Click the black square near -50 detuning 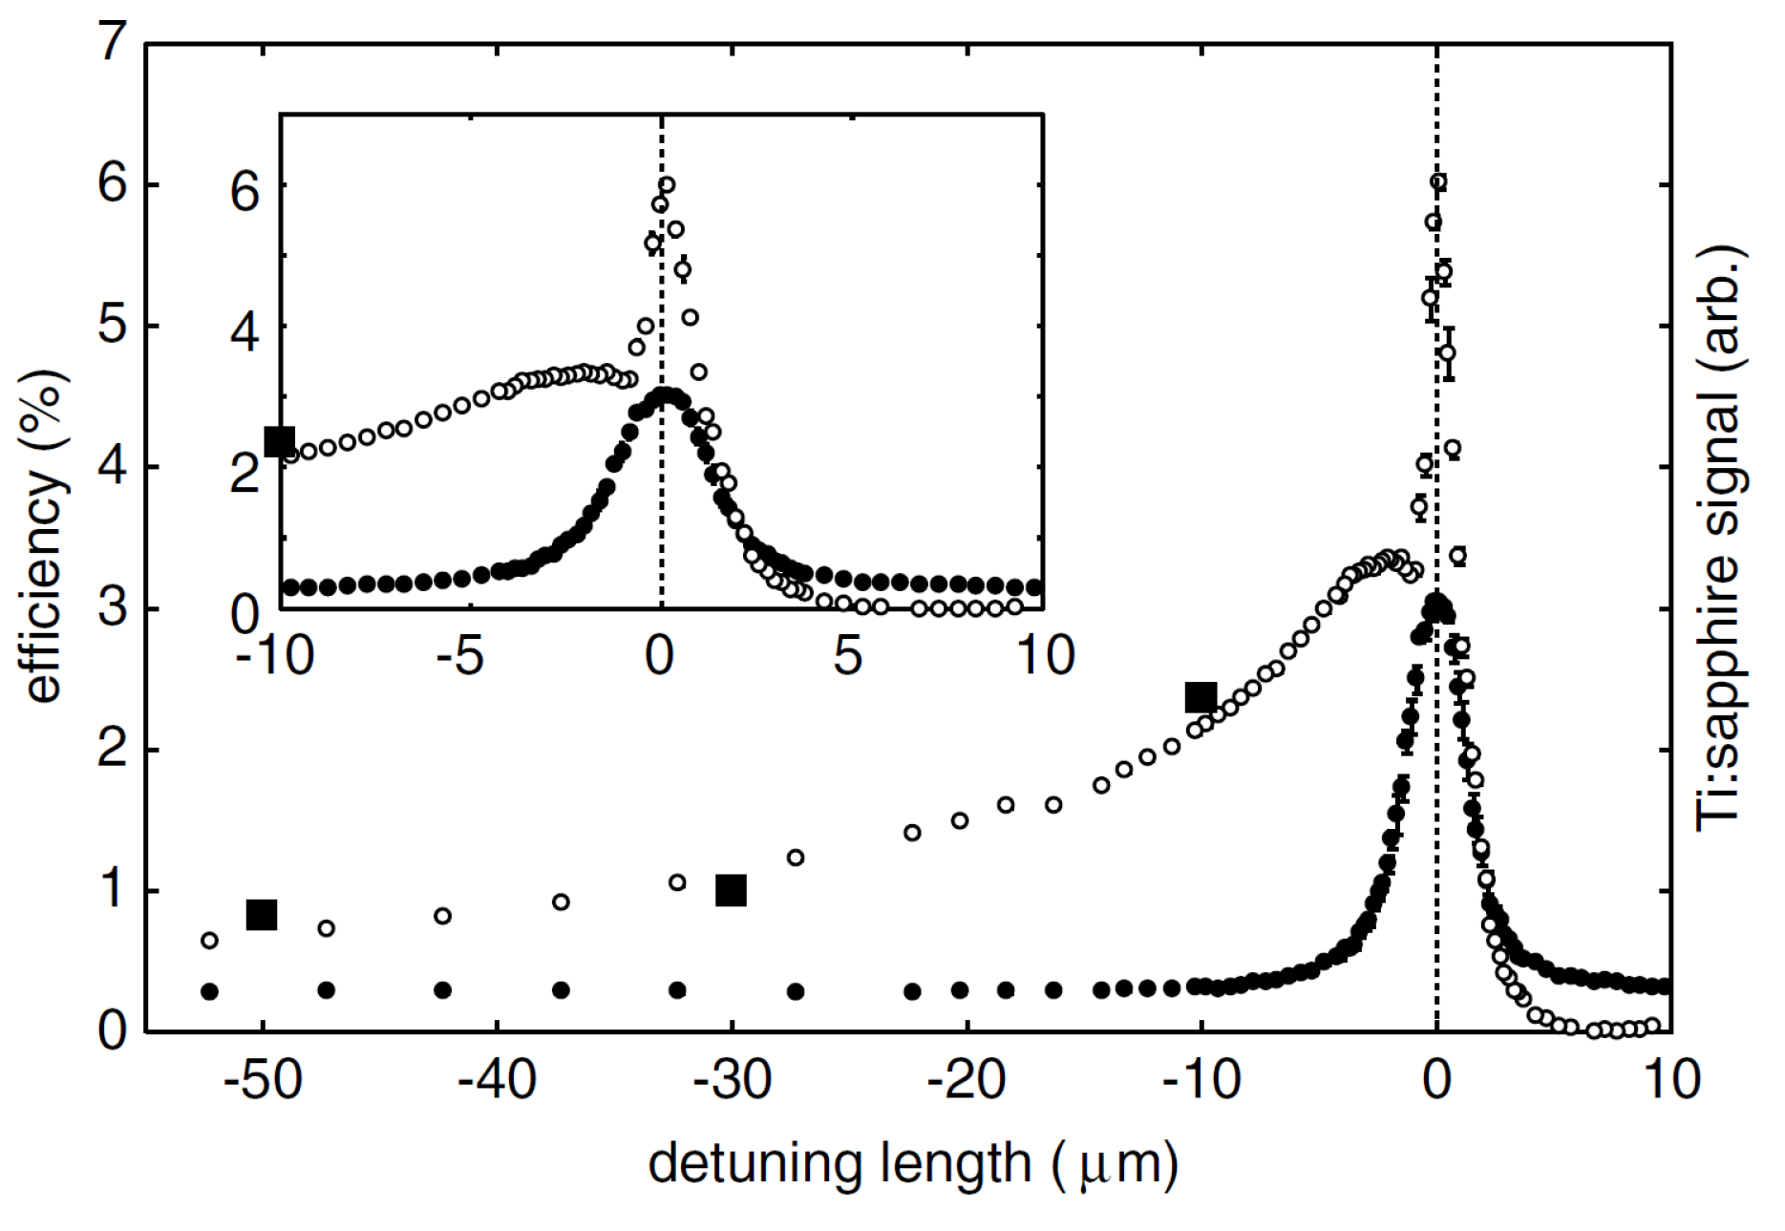click(262, 914)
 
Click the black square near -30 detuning click(731, 890)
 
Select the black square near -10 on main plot click(1201, 697)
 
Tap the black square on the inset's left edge click(280, 440)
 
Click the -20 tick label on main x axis click(967, 1080)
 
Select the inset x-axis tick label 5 click(848, 657)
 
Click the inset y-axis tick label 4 click(245, 333)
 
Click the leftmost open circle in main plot click(209, 941)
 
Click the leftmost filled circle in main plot click(209, 991)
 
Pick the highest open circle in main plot click(1437, 181)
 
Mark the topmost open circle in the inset click(667, 184)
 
